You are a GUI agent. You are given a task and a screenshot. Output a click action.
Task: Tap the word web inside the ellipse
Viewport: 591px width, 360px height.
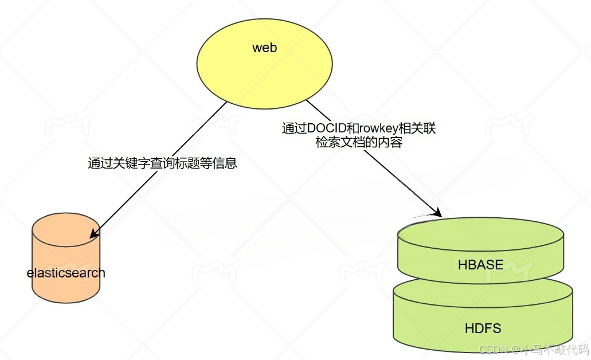[264, 48]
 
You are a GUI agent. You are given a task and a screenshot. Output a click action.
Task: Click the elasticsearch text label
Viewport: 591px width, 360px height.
[66, 272]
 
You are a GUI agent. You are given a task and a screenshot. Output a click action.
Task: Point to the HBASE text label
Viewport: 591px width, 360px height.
[480, 265]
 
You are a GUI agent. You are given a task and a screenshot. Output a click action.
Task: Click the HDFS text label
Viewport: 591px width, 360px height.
[483, 328]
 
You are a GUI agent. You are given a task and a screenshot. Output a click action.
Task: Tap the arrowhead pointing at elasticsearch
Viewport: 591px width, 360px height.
[93, 233]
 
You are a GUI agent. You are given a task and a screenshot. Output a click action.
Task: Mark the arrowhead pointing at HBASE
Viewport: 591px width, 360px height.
[437, 213]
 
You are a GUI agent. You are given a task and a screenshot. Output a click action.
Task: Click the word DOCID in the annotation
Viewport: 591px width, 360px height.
[325, 129]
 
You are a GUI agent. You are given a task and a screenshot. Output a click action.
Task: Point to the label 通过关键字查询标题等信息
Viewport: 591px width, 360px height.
[162, 163]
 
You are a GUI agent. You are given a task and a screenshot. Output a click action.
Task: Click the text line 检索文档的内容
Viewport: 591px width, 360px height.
[359, 143]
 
